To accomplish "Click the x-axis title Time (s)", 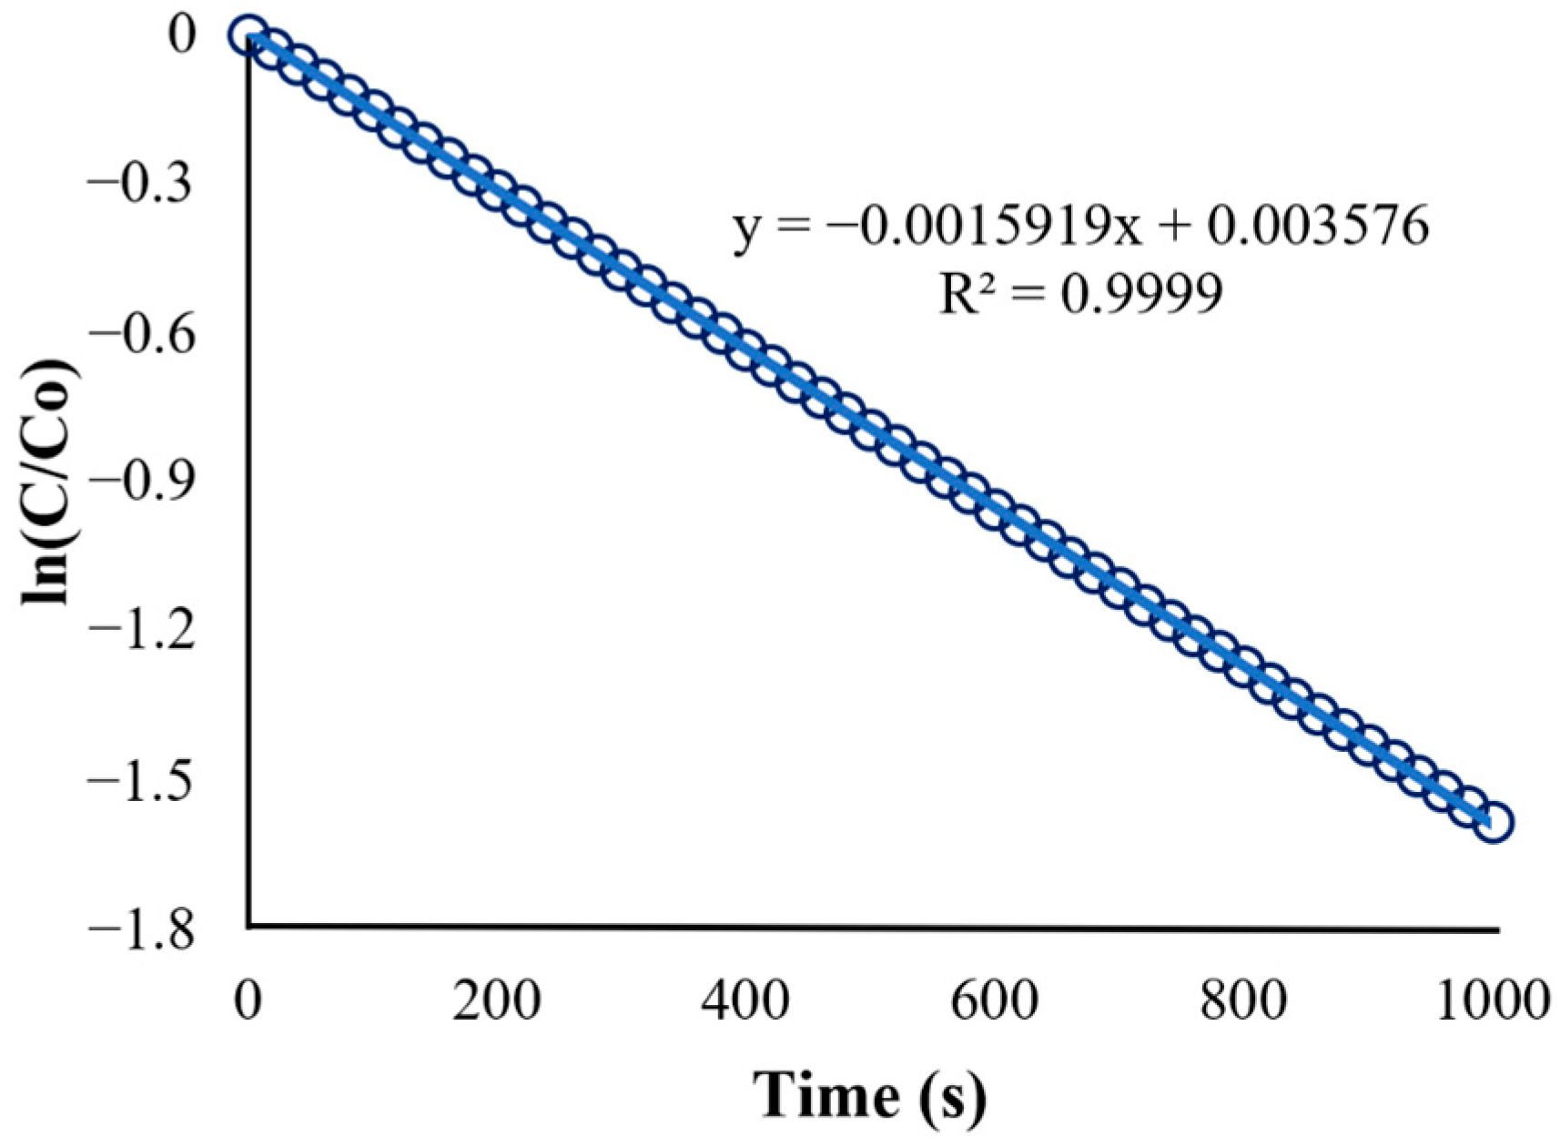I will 869,1094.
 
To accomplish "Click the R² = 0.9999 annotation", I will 1080,293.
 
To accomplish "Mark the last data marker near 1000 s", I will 1494,821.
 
